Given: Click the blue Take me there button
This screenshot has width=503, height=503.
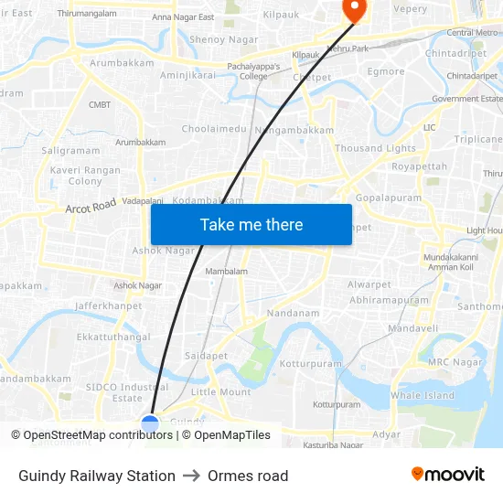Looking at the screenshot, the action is [251, 224].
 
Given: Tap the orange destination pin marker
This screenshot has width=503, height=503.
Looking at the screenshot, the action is [352, 8].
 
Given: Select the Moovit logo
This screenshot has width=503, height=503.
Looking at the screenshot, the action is [447, 475].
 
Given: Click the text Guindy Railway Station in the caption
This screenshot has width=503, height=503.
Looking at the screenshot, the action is [97, 476].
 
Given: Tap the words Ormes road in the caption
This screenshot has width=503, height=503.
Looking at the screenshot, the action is [248, 476].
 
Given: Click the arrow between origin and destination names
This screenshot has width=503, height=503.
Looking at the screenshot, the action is [191, 476].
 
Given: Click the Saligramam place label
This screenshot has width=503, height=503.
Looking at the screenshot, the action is [71, 150].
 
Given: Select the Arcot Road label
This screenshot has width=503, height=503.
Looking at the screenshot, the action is [91, 208].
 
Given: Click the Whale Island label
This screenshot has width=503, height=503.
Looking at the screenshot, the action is [423, 395].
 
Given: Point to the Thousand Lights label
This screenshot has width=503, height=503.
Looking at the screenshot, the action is [375, 148].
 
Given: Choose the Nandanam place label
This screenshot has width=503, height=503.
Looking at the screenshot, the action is [293, 313].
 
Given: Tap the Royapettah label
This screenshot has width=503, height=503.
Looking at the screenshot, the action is [420, 167].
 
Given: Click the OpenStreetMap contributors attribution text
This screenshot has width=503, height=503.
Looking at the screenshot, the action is [98, 435].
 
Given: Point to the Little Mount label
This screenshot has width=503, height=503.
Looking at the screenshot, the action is [220, 392].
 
